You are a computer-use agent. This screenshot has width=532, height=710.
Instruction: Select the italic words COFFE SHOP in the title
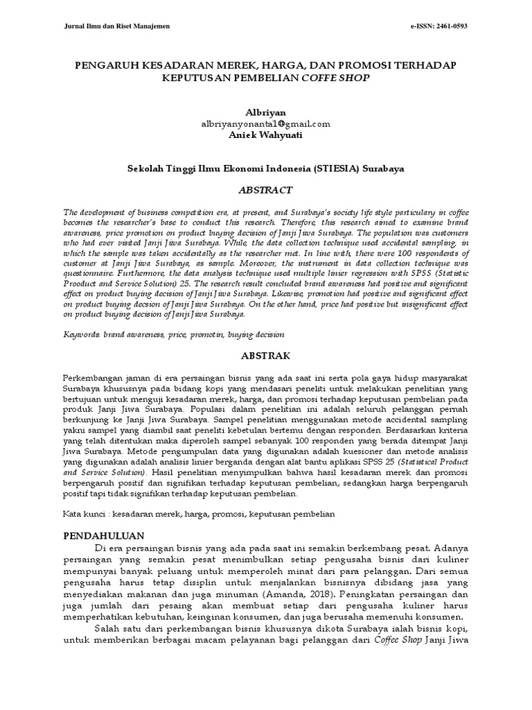335,78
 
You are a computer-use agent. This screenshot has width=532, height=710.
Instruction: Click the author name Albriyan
265,112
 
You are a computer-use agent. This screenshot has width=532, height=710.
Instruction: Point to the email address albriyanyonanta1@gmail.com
265,123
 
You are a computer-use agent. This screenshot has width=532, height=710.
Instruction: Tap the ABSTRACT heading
265,190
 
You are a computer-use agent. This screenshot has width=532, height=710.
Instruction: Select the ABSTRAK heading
265,356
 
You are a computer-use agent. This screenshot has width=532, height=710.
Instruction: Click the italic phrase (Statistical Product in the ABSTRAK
436,460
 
